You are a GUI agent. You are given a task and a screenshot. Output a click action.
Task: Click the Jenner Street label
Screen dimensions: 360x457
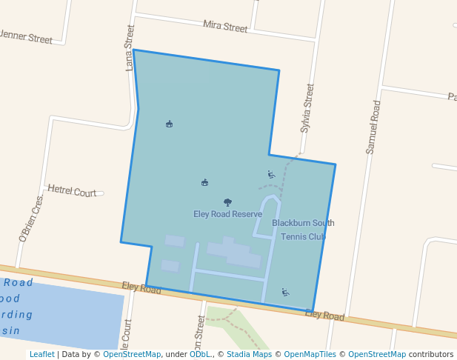27,36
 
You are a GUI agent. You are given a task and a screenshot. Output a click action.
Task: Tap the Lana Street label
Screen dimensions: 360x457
130,47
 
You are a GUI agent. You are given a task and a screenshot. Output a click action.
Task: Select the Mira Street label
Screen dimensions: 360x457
225,27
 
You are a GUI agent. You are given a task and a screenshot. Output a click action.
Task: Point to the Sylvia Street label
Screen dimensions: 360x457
307,108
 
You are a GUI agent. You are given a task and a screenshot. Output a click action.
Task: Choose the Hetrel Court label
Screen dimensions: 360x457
72,191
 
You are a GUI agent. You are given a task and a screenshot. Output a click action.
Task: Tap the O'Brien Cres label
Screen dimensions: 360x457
31,219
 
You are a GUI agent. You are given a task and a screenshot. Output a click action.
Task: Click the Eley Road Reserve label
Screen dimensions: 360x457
227,214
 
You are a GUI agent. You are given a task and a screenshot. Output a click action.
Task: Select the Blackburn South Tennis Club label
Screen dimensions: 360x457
303,230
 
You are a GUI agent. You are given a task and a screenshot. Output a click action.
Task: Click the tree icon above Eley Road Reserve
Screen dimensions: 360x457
227,202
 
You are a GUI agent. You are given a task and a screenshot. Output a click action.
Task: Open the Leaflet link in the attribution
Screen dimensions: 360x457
41,355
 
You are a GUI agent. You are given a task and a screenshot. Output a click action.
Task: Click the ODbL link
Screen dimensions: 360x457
200,355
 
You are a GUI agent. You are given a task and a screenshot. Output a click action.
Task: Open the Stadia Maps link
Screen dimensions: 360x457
249,355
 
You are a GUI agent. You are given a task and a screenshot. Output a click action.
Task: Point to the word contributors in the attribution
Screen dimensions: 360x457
431,355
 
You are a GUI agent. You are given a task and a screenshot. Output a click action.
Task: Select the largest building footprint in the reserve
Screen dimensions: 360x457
235,252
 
